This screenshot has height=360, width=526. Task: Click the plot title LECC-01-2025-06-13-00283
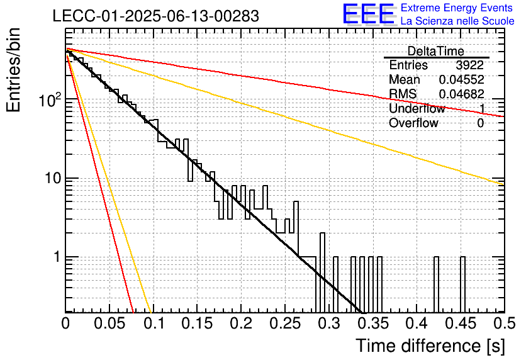[155, 16]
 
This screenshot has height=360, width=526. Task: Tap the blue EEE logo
[368, 13]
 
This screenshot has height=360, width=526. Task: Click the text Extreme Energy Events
[457, 8]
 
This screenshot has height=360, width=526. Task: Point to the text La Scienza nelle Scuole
[457, 21]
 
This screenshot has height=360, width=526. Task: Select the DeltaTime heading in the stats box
[435, 51]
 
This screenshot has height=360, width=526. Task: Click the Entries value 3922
[469, 65]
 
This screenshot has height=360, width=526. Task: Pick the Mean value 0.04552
[461, 79]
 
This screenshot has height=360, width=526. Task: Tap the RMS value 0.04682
[461, 94]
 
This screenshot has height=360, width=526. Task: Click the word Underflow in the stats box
[417, 108]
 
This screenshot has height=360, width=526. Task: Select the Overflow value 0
[480, 123]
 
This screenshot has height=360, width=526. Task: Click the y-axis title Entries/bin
[13, 70]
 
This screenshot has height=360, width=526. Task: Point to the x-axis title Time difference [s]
[430, 346]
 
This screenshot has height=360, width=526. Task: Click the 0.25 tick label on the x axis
[285, 323]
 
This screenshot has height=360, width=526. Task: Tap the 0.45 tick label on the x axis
[461, 323]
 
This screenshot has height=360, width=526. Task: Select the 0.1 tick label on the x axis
[155, 323]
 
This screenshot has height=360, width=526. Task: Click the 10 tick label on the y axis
[53, 178]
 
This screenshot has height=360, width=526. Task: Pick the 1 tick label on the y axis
[57, 257]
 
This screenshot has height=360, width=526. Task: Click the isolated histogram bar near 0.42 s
[436, 284]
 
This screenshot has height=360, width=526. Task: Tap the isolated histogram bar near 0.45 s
[462, 284]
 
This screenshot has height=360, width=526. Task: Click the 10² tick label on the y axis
[50, 99]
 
